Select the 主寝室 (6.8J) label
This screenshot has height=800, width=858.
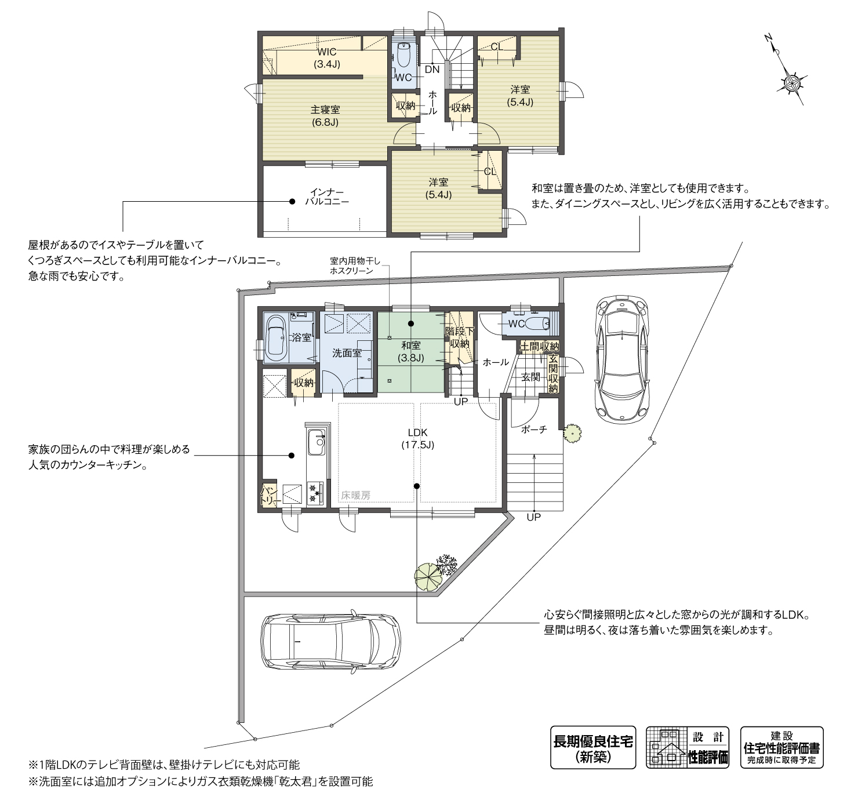pos(325,115)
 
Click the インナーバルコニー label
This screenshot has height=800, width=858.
pos(327,197)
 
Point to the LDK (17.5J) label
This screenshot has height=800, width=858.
pos(417,438)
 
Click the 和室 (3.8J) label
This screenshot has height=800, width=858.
pos(411,352)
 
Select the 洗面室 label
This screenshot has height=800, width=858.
pos(347,352)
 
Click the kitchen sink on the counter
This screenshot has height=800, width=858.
pos(316,443)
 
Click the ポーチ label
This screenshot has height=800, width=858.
pos(534,430)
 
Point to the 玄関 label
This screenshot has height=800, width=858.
pos(530,377)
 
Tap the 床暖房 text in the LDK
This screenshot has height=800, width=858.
pos(355,495)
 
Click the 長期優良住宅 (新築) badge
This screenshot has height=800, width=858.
pos(592,747)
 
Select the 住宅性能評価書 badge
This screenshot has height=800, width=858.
pos(781,747)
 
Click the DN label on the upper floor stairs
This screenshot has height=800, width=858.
pos(432,69)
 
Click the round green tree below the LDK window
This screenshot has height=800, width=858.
pos(428,576)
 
